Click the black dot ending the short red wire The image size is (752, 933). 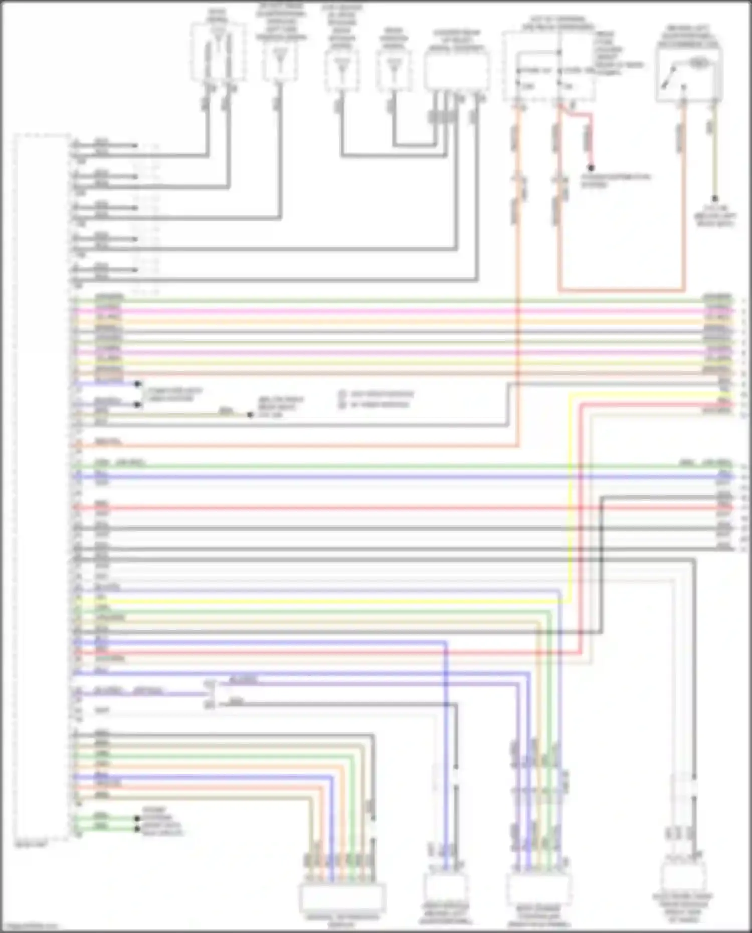[x=592, y=168]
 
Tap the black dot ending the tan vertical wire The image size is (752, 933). [x=715, y=199]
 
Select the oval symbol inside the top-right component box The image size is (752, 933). [x=697, y=62]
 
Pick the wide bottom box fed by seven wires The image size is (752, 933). [x=342, y=898]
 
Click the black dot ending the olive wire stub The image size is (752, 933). [x=250, y=415]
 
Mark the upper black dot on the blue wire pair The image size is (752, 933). [x=138, y=384]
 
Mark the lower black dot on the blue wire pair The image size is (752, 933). [x=138, y=404]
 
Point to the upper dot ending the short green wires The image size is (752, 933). [x=137, y=818]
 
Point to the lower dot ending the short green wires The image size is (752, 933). [x=137, y=828]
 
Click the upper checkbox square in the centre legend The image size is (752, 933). [x=342, y=394]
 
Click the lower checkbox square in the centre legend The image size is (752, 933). [x=342, y=405]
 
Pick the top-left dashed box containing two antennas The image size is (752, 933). [x=218, y=51]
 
